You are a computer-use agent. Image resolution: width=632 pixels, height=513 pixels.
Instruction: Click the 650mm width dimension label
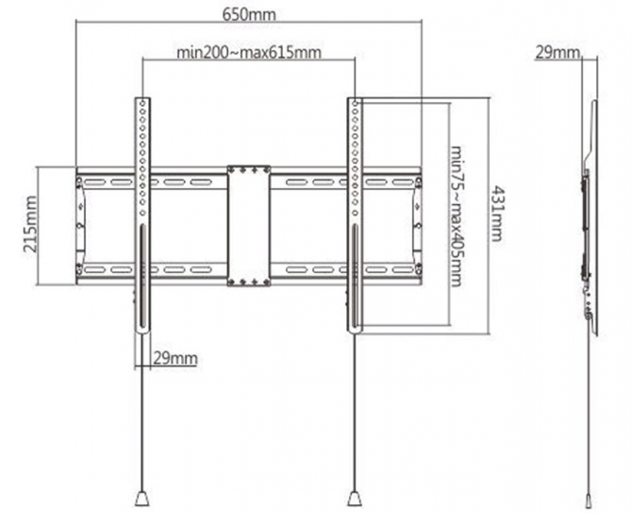click(249, 15)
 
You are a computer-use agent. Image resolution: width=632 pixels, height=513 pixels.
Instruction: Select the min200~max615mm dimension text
click(249, 52)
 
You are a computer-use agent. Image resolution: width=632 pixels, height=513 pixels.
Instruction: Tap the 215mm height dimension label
click(31, 224)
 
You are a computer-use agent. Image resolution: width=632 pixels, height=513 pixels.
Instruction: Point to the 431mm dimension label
click(497, 214)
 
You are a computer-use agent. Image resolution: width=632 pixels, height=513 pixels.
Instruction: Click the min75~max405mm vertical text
click(456, 217)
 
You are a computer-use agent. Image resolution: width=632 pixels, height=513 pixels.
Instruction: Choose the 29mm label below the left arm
click(175, 359)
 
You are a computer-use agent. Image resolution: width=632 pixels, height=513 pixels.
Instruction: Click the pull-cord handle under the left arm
click(142, 498)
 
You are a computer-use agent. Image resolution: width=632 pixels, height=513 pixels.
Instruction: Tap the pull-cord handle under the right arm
click(355, 498)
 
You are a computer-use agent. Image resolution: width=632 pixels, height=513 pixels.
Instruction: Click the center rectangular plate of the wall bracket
click(249, 226)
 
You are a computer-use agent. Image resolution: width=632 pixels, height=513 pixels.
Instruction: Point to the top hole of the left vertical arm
click(142, 104)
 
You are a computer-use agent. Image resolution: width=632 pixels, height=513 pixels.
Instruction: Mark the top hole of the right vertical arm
click(355, 104)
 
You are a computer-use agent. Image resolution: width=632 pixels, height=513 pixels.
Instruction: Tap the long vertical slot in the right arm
click(355, 276)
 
